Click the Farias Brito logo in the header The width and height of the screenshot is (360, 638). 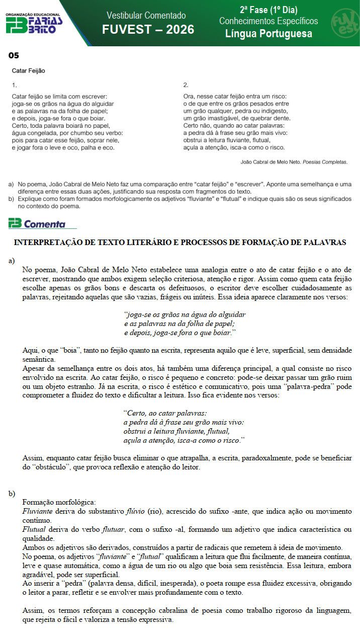pyautogui.click(x=34, y=23)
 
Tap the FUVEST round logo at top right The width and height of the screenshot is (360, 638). pyautogui.click(x=344, y=23)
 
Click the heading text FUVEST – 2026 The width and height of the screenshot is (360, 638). pyautogui.click(x=148, y=30)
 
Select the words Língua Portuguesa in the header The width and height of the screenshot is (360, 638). pyautogui.click(x=268, y=34)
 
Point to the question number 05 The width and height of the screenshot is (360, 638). pyautogui.click(x=14, y=55)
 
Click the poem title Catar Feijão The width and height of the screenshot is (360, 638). pyautogui.click(x=28, y=71)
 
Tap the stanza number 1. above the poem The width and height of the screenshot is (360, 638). pyautogui.click(x=14, y=85)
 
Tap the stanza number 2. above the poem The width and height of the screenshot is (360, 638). pyautogui.click(x=186, y=85)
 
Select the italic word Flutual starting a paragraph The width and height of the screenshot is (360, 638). pyautogui.click(x=33, y=530)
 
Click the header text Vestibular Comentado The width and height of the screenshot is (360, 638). pyautogui.click(x=146, y=16)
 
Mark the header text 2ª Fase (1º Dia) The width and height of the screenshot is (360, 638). pyautogui.click(x=268, y=10)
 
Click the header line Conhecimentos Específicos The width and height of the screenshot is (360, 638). pyautogui.click(x=268, y=21)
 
